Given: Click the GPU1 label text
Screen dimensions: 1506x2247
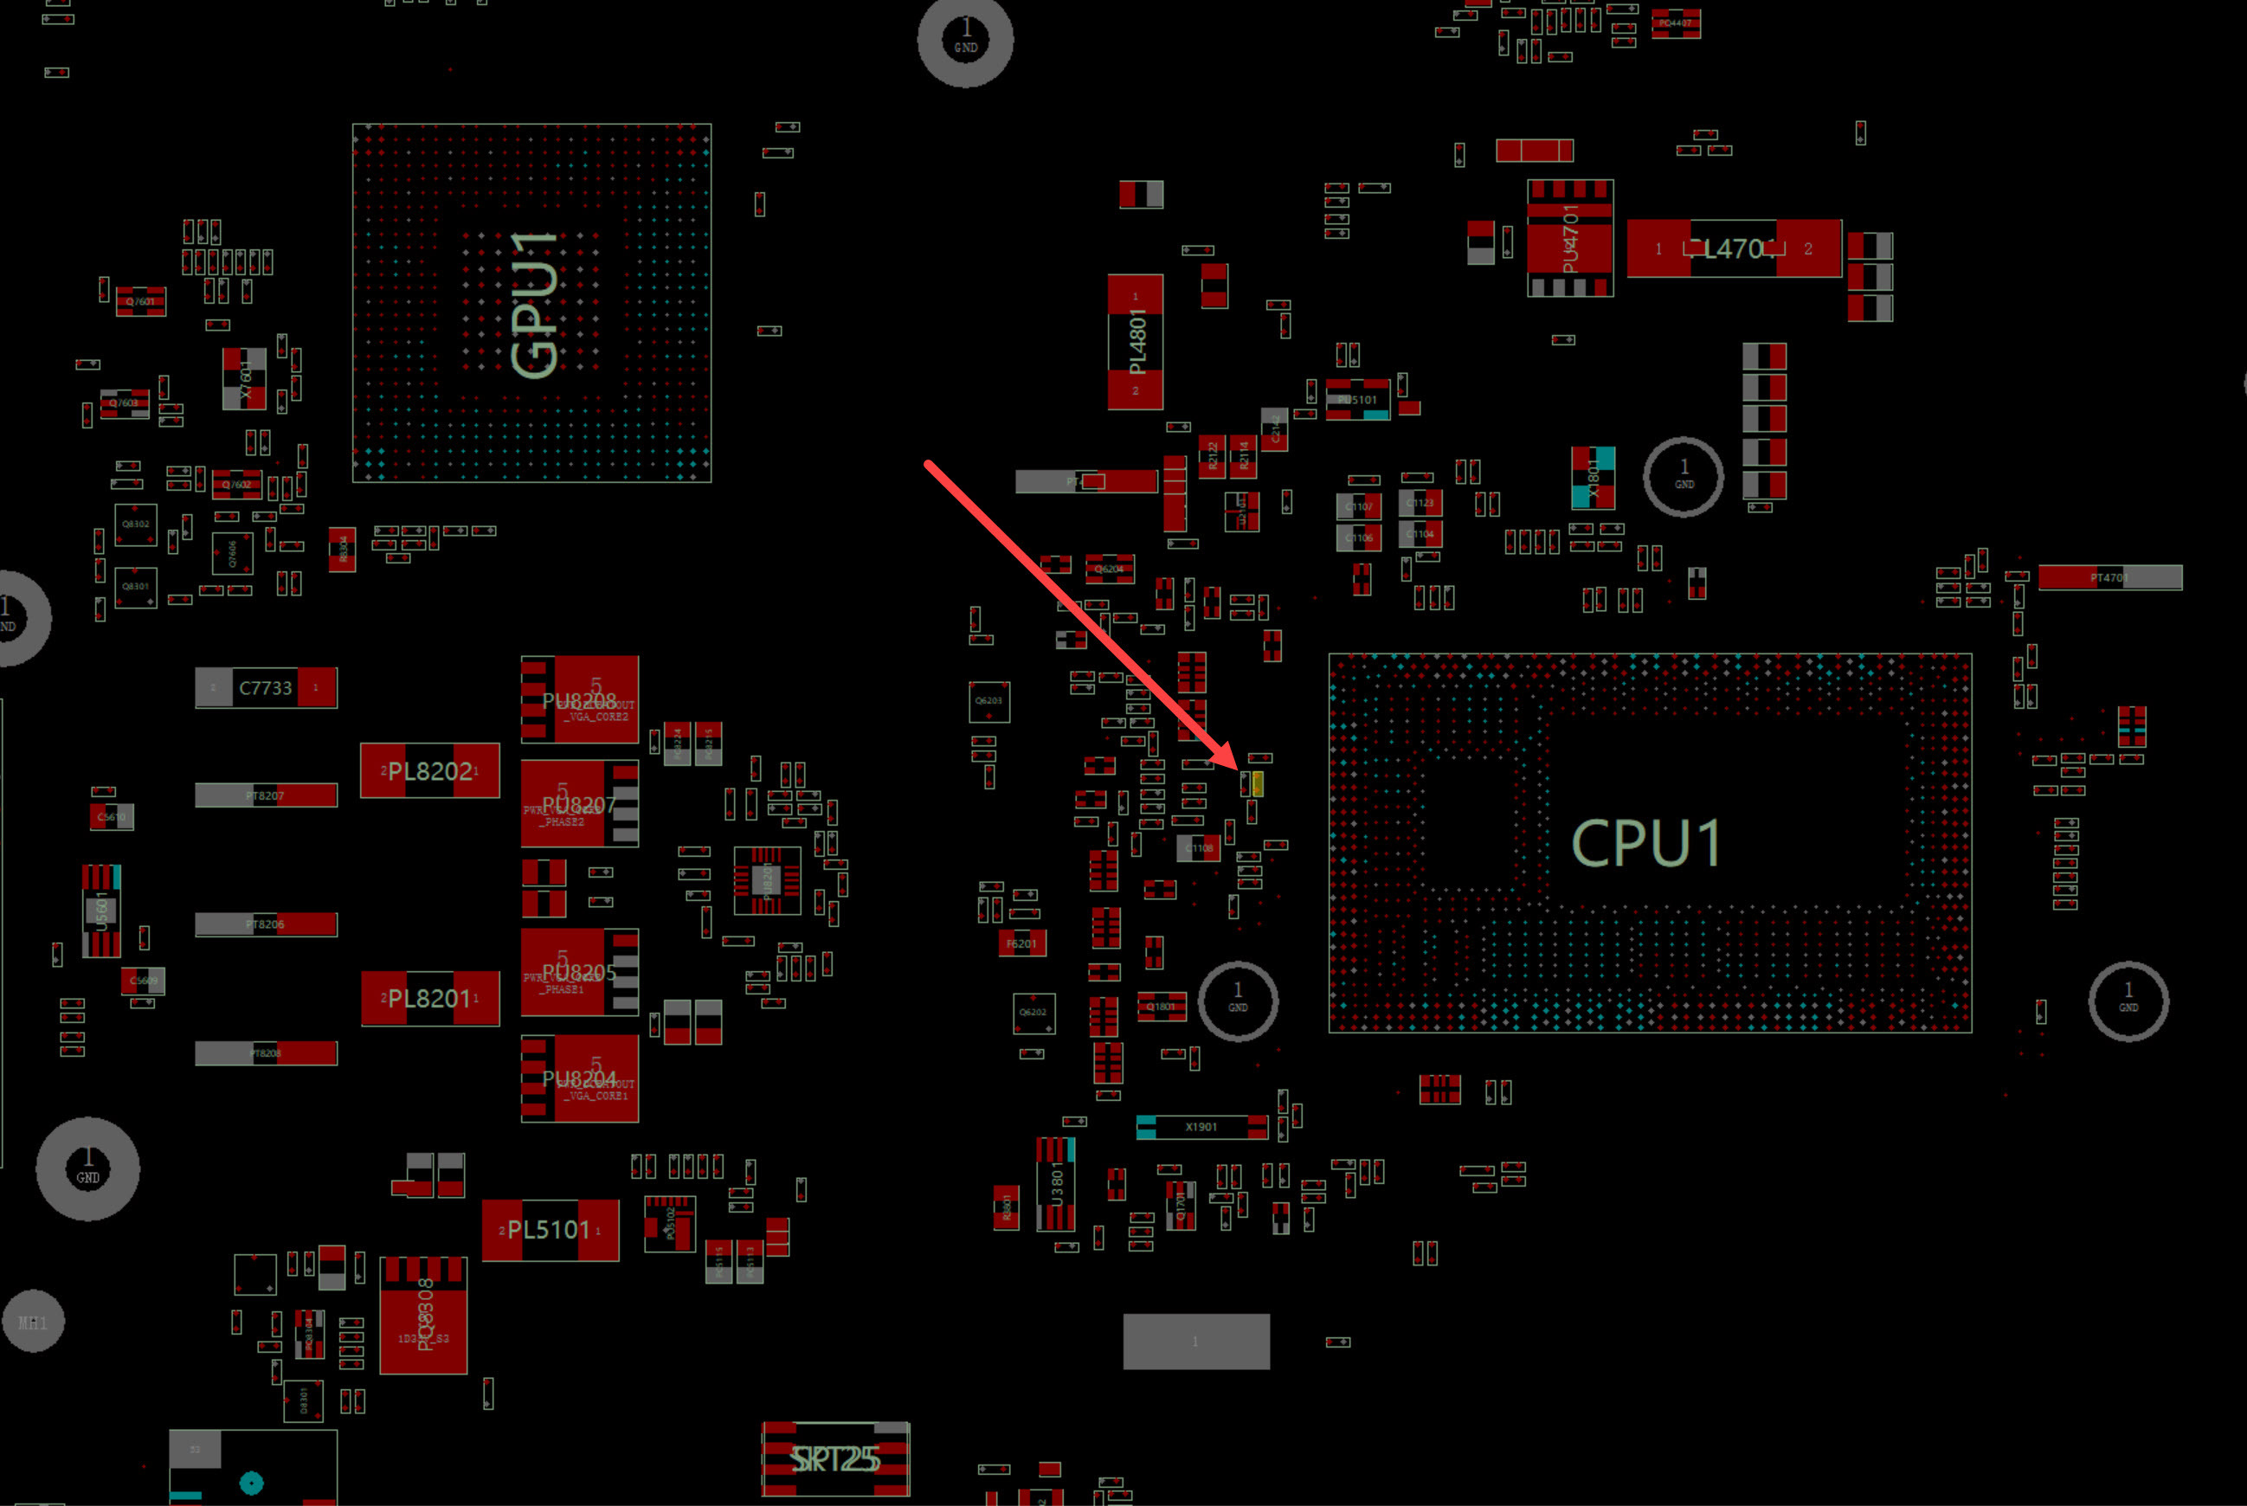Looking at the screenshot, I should pyautogui.click(x=534, y=305).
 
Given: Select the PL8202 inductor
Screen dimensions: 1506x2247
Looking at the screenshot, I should pyautogui.click(x=429, y=770).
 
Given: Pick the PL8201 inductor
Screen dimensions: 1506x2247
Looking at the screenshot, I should pyautogui.click(x=429, y=999).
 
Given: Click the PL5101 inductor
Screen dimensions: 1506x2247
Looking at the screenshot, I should pyautogui.click(x=550, y=1229).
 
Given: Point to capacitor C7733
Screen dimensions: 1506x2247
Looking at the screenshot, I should pyautogui.click(x=265, y=688).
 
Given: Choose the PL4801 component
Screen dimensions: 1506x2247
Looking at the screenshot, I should pyautogui.click(x=1135, y=342).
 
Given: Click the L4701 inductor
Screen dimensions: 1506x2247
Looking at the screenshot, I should pyautogui.click(x=1733, y=248).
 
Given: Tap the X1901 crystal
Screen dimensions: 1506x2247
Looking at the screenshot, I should pyautogui.click(x=1201, y=1127).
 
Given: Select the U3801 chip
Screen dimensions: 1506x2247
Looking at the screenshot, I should pyautogui.click(x=1055, y=1184).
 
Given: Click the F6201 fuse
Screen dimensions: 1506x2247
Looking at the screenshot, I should pyautogui.click(x=1020, y=943).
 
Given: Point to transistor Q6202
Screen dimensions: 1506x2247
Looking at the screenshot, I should pyautogui.click(x=1033, y=1013).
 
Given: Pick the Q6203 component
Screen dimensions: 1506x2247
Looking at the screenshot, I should pyautogui.click(x=989, y=701).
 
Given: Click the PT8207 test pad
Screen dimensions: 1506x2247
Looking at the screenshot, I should pyautogui.click(x=265, y=795).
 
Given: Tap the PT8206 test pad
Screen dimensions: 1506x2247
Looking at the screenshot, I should pyautogui.click(x=265, y=924).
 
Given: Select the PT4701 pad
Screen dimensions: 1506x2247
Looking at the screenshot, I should pyautogui.click(x=2109, y=577).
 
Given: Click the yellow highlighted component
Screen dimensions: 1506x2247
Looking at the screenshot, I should pyautogui.click(x=1257, y=785).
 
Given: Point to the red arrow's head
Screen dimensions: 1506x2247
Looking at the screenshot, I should pyautogui.click(x=1239, y=765).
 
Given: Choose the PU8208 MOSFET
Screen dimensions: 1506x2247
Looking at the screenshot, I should pyautogui.click(x=579, y=699).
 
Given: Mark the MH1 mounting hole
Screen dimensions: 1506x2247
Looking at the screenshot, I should pyautogui.click(x=33, y=1323).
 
